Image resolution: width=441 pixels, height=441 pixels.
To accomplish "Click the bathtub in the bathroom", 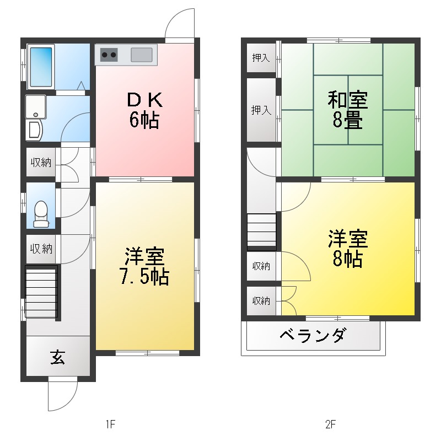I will coord(40,67).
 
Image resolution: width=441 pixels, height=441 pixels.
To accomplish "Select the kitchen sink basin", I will coord(142,55).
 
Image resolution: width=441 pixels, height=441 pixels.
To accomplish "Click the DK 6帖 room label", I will coord(144,110).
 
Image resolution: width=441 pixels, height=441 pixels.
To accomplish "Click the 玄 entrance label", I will coord(57,358).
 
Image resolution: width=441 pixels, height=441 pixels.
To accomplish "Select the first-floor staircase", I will coord(41,292).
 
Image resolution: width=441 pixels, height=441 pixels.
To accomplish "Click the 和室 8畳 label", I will coord(348,110).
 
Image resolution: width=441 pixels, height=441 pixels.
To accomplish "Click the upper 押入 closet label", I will coord(261,57).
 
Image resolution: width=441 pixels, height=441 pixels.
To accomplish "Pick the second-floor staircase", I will coord(261,231).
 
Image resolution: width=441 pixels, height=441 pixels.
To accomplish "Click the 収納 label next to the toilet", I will coord(41,249).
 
